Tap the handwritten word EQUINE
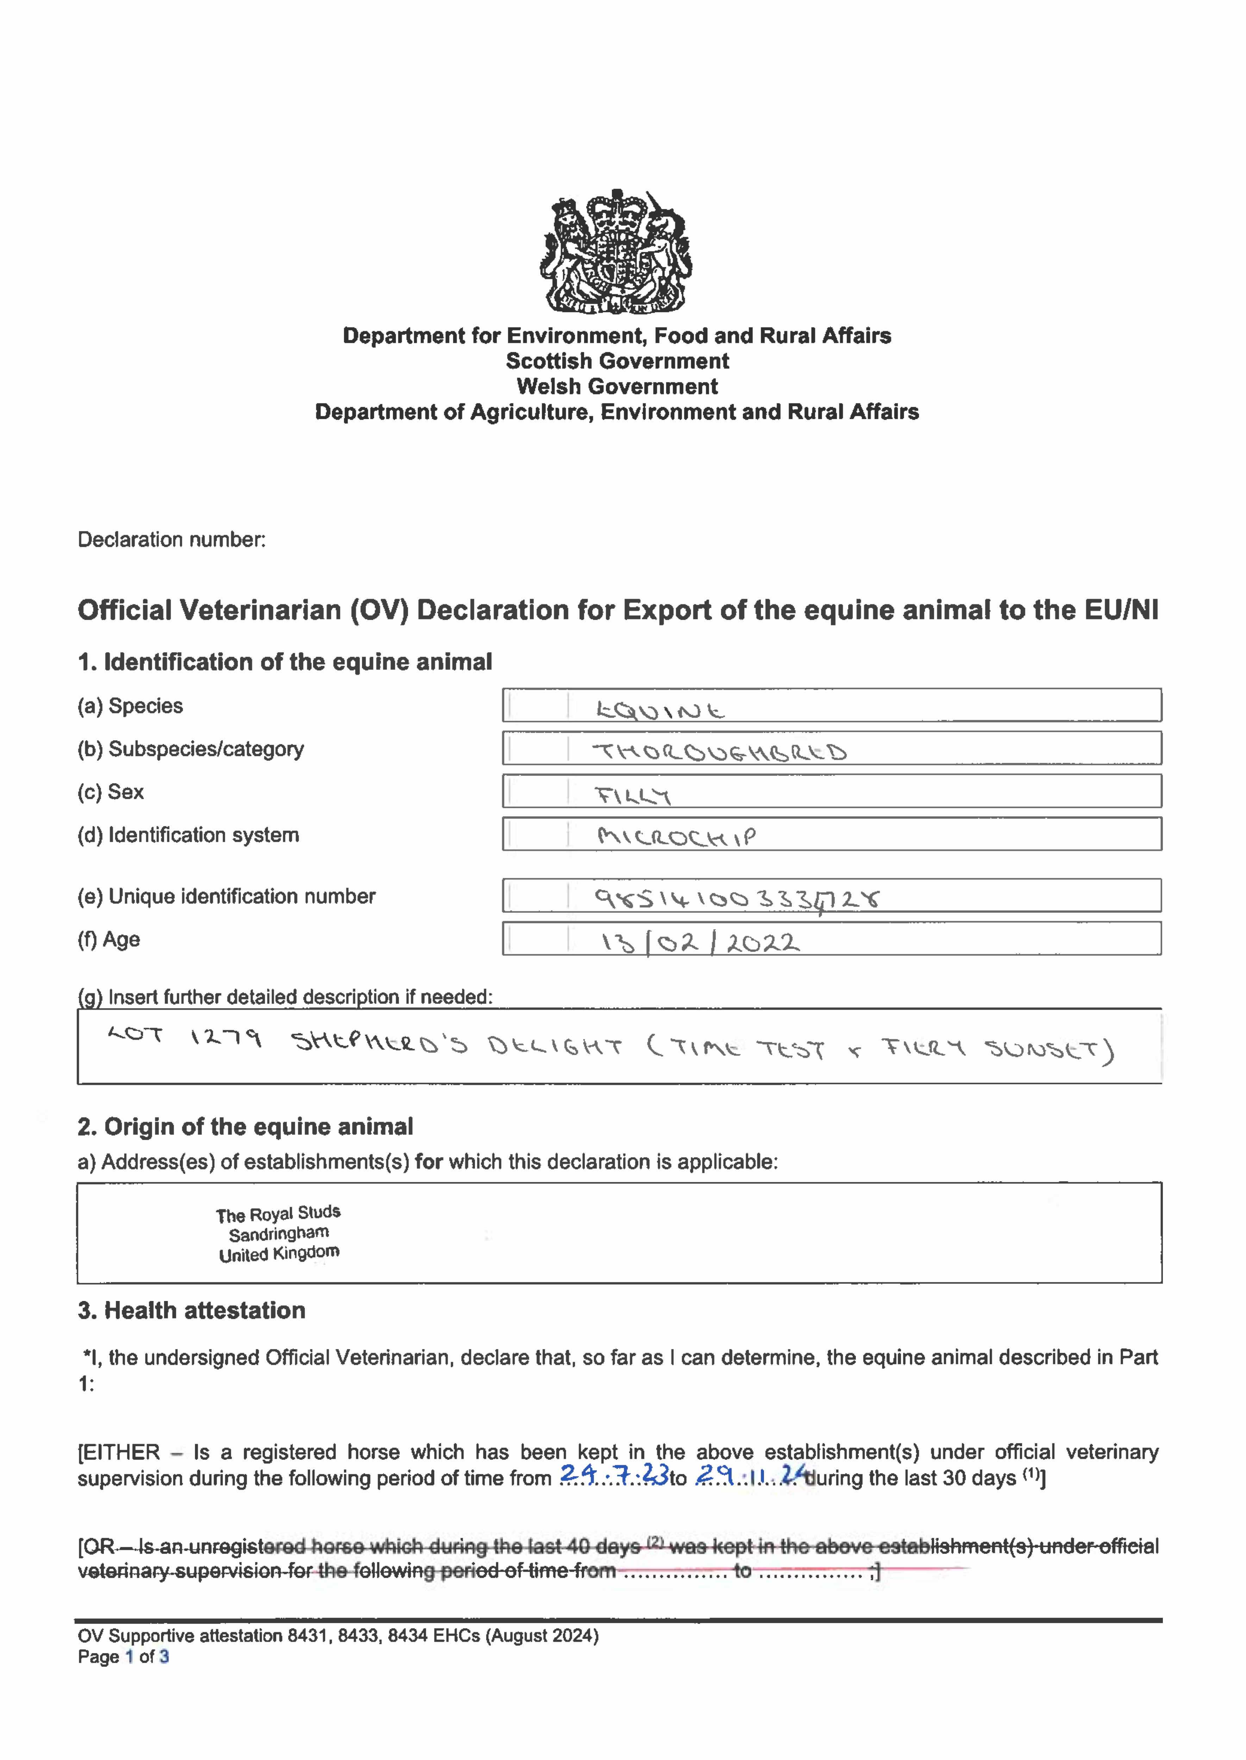(x=660, y=711)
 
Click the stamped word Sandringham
(x=278, y=1234)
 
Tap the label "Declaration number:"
(x=172, y=540)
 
